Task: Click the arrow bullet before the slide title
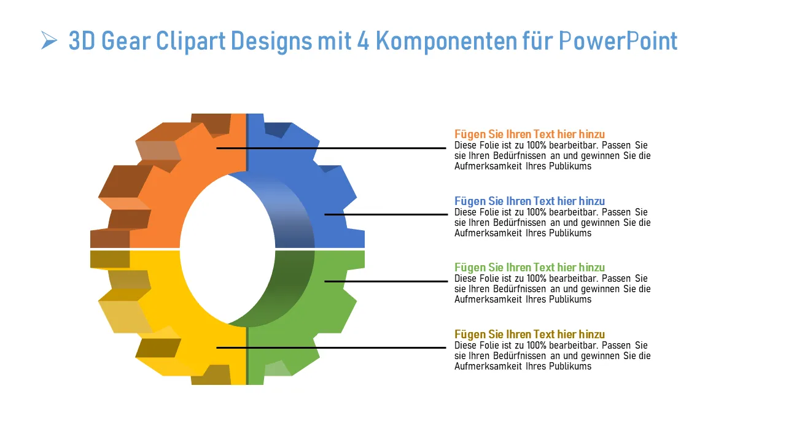pos(49,41)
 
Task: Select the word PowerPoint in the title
pos(618,41)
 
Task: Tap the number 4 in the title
pos(362,41)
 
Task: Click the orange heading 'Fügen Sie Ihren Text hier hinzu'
pos(529,134)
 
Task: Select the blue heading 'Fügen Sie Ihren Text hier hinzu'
pos(529,201)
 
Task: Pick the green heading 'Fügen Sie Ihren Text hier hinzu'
pos(529,268)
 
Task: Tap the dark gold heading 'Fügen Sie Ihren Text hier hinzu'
pos(529,335)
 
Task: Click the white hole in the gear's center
pos(227,249)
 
